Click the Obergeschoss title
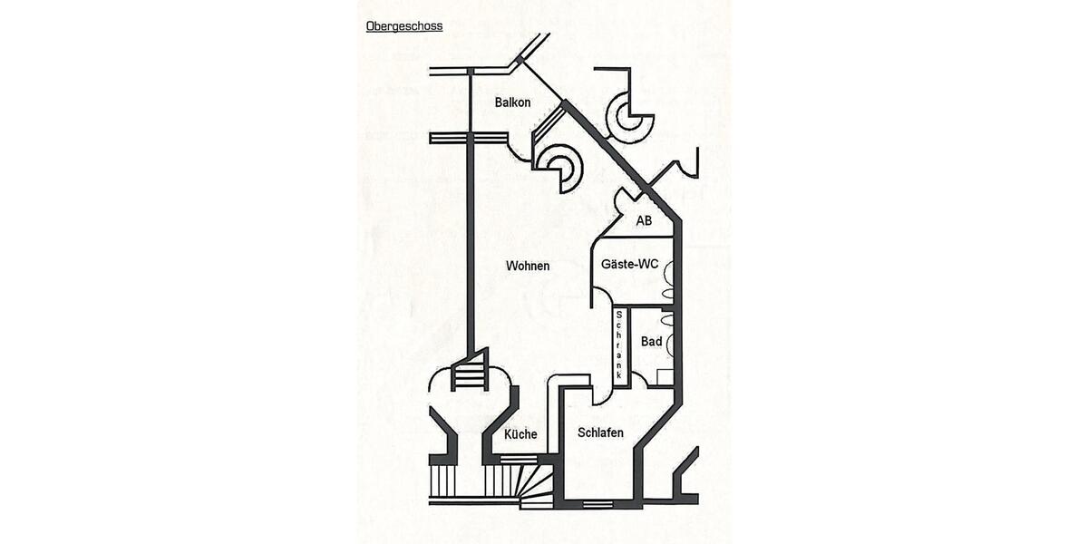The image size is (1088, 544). (x=404, y=26)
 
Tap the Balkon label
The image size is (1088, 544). (x=512, y=102)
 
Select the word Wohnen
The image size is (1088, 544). (x=528, y=266)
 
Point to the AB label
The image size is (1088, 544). (x=644, y=220)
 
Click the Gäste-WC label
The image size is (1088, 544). (x=629, y=265)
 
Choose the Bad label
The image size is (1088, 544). (x=651, y=342)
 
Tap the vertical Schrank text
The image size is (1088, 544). (x=619, y=345)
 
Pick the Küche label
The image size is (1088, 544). (x=520, y=434)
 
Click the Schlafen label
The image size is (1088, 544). (x=600, y=433)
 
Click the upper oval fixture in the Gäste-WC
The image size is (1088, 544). (x=668, y=269)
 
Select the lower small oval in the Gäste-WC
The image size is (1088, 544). (x=668, y=294)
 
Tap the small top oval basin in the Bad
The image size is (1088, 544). (x=669, y=320)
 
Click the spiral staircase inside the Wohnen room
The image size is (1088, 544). (x=559, y=170)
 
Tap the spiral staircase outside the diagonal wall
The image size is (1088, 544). (x=629, y=117)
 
